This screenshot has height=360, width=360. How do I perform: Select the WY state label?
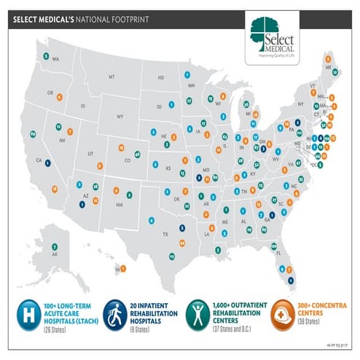pyautogui.click(x=120, y=115)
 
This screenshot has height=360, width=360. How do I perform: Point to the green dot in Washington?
pyautogui.click(x=47, y=55)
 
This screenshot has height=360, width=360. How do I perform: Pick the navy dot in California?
pyautogui.click(x=47, y=163)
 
